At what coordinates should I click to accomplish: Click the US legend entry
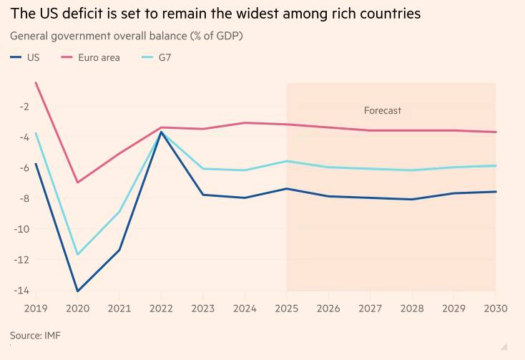pyautogui.click(x=26, y=57)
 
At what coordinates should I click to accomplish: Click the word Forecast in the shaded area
pyautogui.click(x=383, y=111)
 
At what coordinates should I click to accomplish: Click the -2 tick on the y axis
pyautogui.click(x=24, y=107)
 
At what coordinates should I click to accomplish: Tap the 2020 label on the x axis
pyautogui.click(x=77, y=308)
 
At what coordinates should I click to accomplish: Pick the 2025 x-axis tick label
pyautogui.click(x=286, y=308)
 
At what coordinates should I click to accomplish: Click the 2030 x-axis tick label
pyautogui.click(x=495, y=308)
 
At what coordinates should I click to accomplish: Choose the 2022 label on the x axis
pyautogui.click(x=161, y=308)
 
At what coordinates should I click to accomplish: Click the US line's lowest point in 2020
pyautogui.click(x=77, y=291)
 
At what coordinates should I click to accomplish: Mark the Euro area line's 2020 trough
pyautogui.click(x=77, y=183)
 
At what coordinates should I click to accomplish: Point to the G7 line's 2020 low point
pyautogui.click(x=77, y=255)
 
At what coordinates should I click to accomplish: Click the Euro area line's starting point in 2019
pyautogui.click(x=36, y=82)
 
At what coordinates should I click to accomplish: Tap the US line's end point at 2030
pyautogui.click(x=496, y=191)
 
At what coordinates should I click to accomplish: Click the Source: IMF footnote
pyautogui.click(x=34, y=335)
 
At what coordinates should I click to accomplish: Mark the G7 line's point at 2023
pyautogui.click(x=202, y=169)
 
